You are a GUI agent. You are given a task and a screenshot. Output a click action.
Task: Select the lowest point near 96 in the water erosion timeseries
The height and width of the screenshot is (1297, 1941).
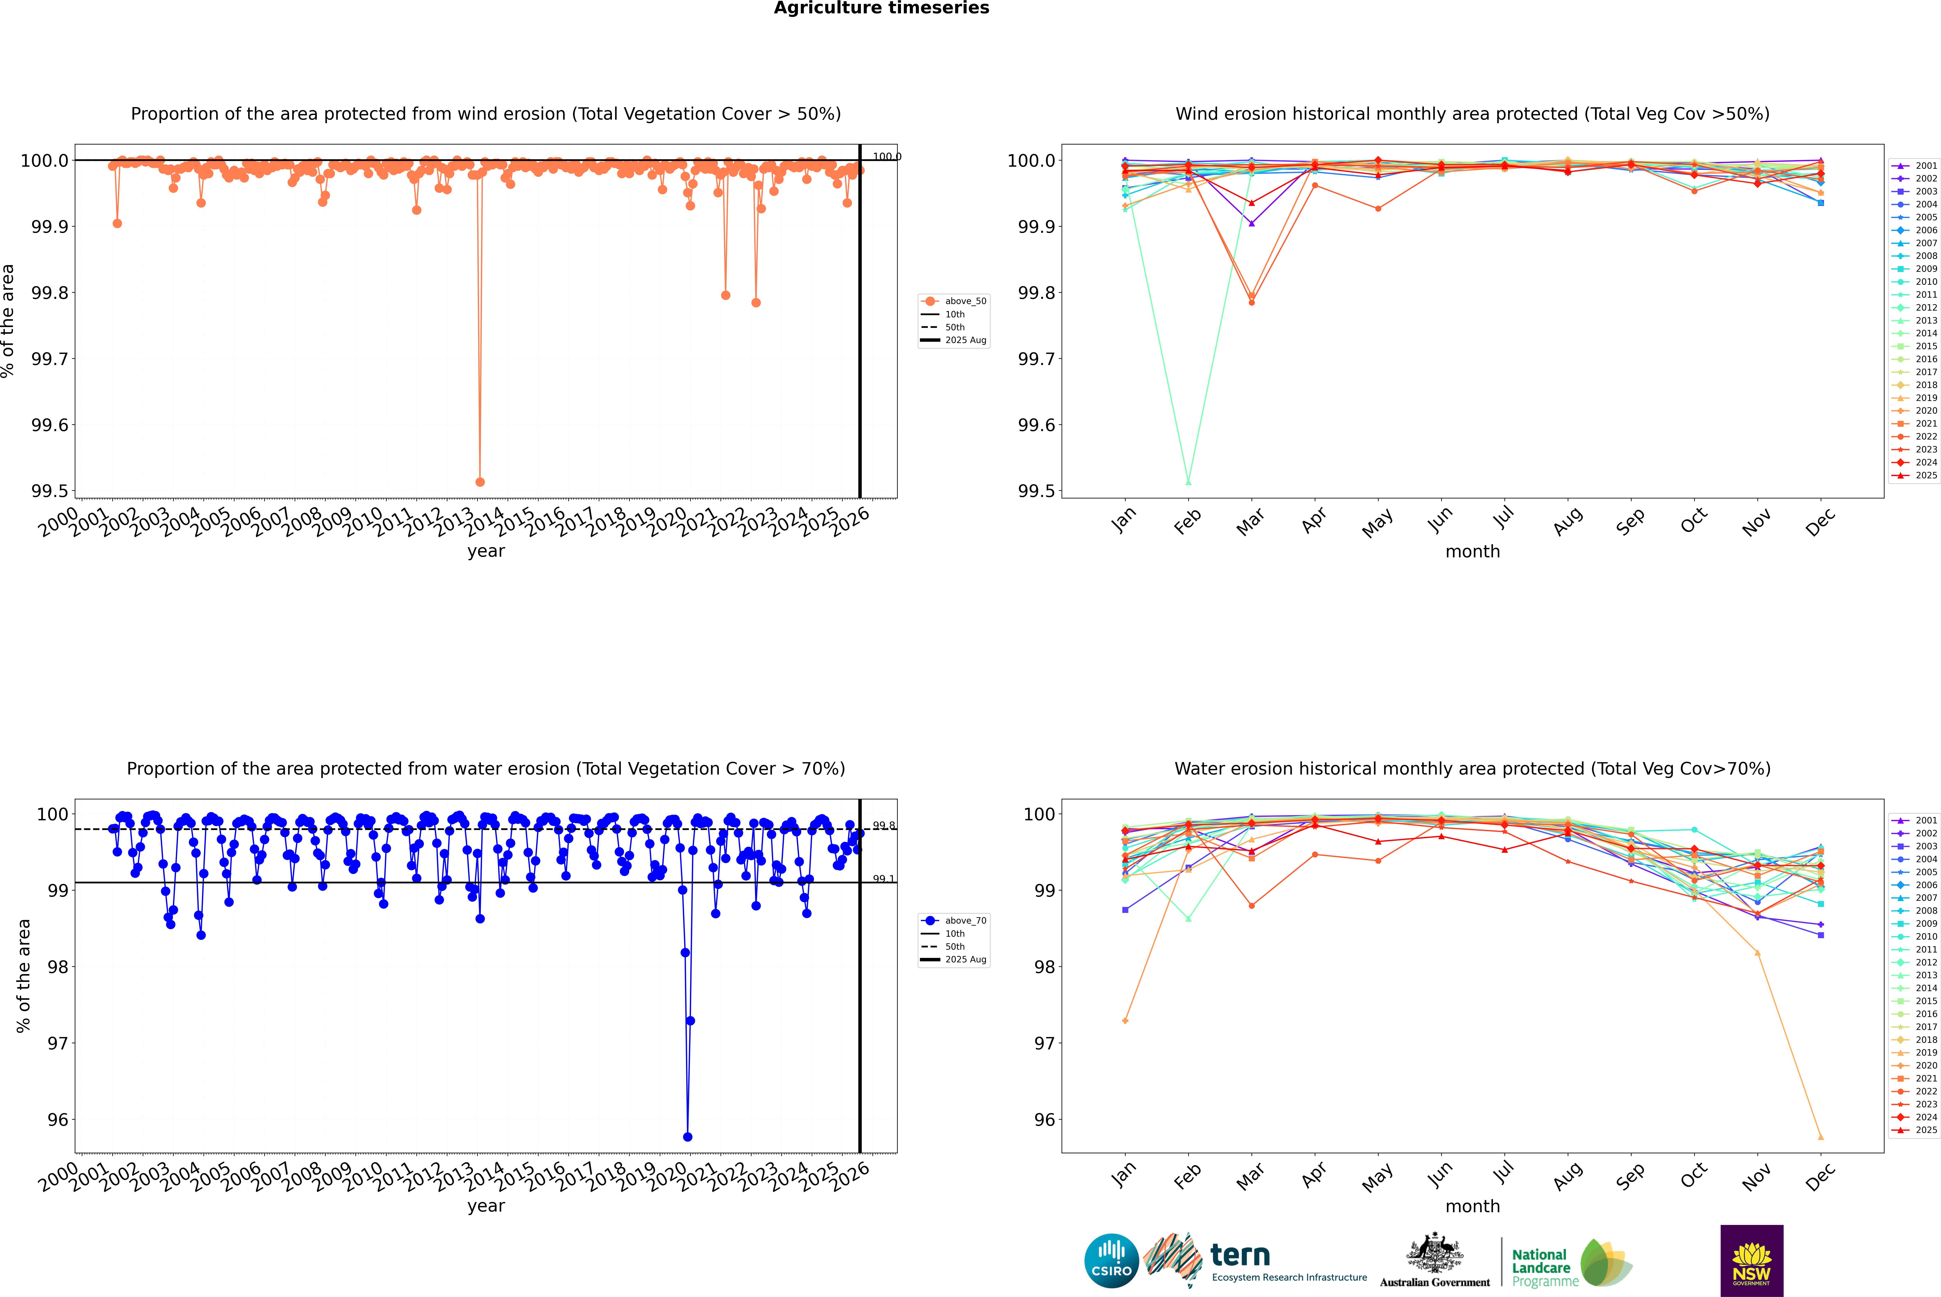tap(687, 1136)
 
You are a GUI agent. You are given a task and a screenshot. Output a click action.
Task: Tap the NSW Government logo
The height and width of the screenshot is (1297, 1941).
tap(1751, 1261)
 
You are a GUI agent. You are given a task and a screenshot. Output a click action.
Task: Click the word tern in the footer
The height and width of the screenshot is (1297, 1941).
tap(1239, 1255)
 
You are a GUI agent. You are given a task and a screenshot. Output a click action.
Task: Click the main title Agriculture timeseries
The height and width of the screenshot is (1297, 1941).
tap(881, 8)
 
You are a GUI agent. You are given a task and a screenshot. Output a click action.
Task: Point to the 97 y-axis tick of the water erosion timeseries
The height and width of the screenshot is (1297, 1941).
tap(58, 1043)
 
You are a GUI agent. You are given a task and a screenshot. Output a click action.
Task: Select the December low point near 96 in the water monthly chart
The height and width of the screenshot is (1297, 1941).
tap(1820, 1136)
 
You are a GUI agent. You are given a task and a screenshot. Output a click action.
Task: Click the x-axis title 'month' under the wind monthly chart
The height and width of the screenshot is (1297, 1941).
tap(1472, 552)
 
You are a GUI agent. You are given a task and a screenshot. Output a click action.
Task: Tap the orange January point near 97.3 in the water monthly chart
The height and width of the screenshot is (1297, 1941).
tap(1125, 1021)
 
